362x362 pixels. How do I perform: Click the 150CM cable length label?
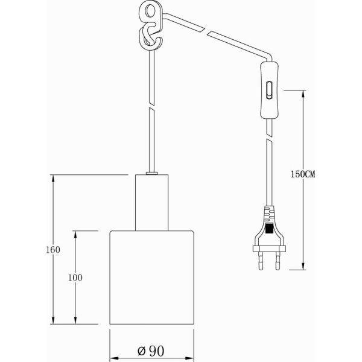(303, 174)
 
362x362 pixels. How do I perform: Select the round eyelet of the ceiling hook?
(148, 12)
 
